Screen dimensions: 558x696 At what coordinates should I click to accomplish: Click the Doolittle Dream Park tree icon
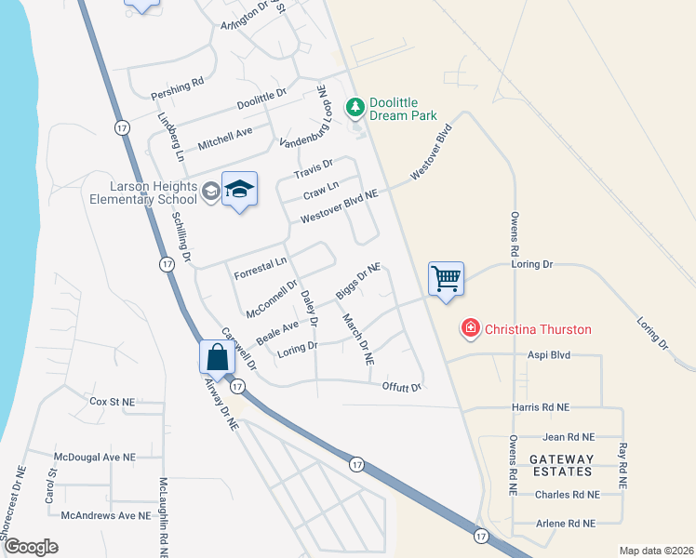point(355,109)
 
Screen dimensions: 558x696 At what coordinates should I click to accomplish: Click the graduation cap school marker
point(239,190)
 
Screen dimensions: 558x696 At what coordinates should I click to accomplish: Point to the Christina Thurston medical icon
point(470,328)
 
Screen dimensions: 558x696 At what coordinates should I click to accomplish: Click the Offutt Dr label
point(402,387)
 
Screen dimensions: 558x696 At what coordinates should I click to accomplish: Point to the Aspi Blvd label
point(549,355)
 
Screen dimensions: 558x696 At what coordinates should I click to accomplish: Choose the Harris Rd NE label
point(540,407)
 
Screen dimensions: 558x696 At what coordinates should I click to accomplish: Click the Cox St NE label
point(113,402)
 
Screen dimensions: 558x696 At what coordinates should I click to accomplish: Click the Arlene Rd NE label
point(566,524)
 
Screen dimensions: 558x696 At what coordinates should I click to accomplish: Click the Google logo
point(31,547)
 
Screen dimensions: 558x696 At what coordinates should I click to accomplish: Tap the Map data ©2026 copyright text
point(656,551)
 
